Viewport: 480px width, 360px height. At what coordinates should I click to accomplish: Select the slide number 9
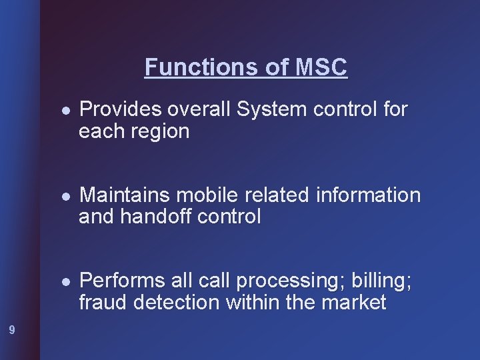tap(12, 329)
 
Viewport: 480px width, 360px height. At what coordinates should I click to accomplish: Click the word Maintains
tap(125, 195)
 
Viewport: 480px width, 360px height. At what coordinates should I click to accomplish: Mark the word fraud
tap(103, 303)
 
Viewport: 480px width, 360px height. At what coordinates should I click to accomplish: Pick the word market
tap(353, 303)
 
